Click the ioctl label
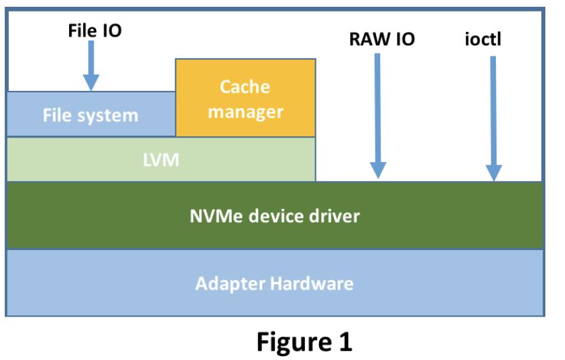pyautogui.click(x=489, y=39)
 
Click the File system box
pyautogui.click(x=90, y=115)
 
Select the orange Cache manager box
pyautogui.click(x=245, y=98)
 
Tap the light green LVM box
pyautogui.click(x=161, y=159)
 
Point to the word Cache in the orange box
pyautogui.click(x=245, y=87)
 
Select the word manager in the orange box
pyautogui.click(x=245, y=111)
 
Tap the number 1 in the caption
pyautogui.click(x=344, y=341)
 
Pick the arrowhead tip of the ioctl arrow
pyautogui.click(x=494, y=179)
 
